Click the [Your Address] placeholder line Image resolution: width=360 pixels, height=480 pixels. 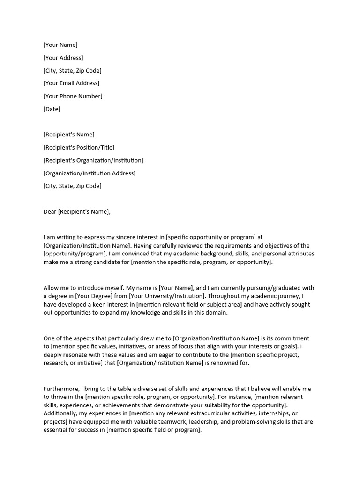[x=63, y=58]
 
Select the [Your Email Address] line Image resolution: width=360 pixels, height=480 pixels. [x=71, y=83]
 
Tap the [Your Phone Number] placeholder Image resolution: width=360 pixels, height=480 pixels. [x=73, y=96]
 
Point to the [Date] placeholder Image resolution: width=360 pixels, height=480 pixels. [x=52, y=109]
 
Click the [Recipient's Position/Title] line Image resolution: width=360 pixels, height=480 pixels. [x=79, y=147]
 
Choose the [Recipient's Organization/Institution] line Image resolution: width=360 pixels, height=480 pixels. [x=93, y=160]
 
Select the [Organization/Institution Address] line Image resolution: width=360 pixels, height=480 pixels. [x=90, y=173]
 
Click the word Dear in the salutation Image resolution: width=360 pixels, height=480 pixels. [x=50, y=211]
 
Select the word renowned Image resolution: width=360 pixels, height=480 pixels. [x=234, y=363]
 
